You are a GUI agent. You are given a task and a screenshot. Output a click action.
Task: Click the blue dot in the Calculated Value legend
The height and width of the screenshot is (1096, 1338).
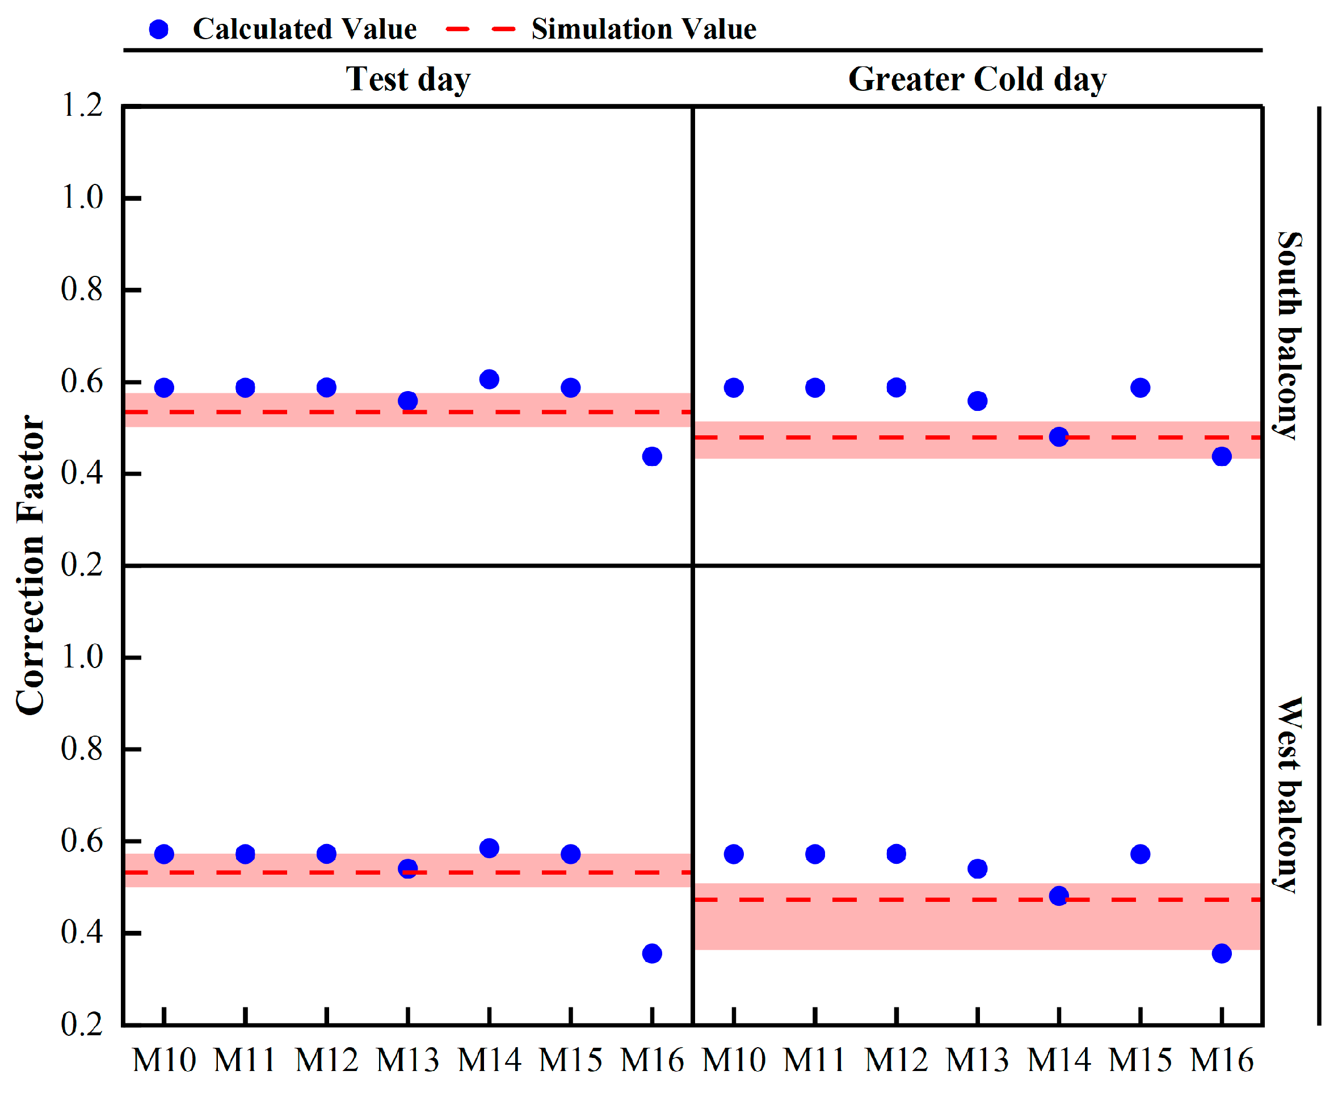tap(158, 29)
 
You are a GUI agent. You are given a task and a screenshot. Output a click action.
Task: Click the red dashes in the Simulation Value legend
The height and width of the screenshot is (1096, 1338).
tap(480, 29)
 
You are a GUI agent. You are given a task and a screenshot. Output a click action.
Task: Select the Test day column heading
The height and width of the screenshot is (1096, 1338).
tap(408, 79)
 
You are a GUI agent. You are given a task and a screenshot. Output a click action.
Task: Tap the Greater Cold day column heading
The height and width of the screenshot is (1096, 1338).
tap(977, 79)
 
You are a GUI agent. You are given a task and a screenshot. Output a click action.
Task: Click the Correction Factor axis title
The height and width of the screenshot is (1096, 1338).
tap(30, 565)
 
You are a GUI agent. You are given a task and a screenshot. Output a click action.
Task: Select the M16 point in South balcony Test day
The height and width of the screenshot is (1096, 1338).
tap(652, 456)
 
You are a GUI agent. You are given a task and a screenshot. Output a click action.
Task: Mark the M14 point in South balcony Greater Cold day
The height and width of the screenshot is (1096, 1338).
tap(1058, 437)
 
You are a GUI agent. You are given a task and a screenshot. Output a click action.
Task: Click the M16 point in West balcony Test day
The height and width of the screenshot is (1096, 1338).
tap(652, 954)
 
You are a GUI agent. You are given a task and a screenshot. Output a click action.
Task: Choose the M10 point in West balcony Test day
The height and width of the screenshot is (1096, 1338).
tap(164, 854)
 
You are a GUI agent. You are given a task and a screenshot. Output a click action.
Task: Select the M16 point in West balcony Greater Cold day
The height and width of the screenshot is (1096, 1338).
tap(1221, 954)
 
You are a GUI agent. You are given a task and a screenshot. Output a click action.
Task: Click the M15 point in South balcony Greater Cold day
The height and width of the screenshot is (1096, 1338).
tap(1140, 388)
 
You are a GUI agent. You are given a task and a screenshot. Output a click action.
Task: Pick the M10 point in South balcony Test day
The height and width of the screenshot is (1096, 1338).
tap(164, 388)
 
